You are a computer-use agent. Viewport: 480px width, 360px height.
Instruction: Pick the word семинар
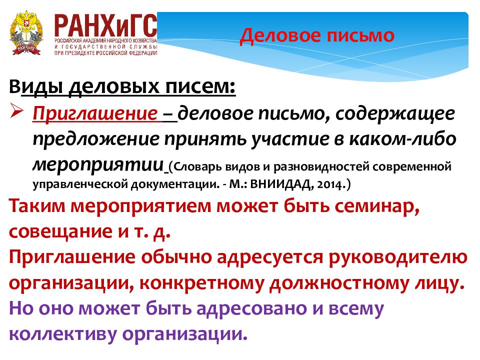click(374, 208)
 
